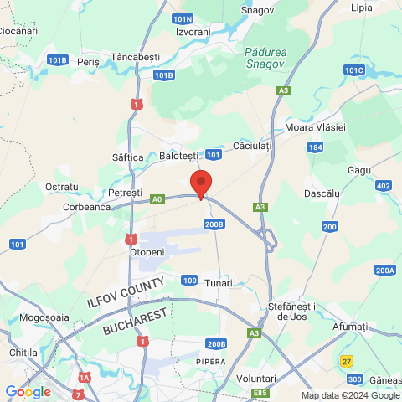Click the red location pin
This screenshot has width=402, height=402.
tap(200, 183)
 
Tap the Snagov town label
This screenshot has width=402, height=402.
tap(257, 10)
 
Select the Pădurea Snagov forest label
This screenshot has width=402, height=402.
tap(265, 57)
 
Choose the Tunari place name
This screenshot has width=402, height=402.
tap(218, 283)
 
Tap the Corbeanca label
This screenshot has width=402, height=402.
tap(86, 207)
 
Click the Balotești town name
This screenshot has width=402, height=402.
tap(178, 156)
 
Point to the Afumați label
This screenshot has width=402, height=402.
tap(350, 326)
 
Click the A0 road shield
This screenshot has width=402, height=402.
tap(157, 199)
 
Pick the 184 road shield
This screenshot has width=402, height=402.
tap(314, 147)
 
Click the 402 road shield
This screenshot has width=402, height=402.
tap(384, 186)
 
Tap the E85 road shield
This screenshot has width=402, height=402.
tap(260, 393)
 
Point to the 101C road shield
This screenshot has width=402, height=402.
tap(354, 70)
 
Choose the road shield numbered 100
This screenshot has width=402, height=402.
tap(189, 280)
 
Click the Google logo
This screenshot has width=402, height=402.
tap(28, 392)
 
